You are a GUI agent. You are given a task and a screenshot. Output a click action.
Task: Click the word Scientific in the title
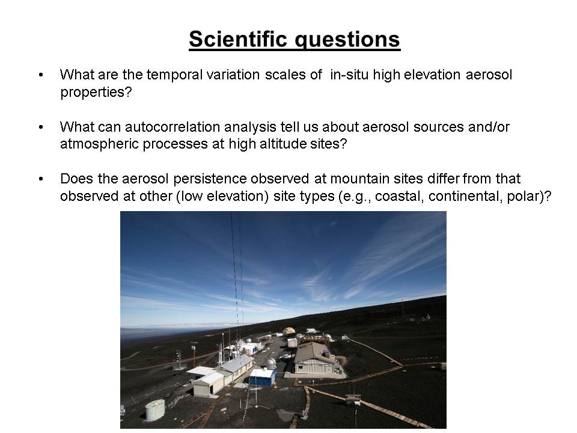point(238,38)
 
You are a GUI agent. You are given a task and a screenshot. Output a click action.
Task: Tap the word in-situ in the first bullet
point(349,75)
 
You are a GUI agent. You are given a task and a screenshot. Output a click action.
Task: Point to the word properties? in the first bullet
point(96,92)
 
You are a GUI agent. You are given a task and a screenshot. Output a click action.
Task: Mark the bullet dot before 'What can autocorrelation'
point(41,127)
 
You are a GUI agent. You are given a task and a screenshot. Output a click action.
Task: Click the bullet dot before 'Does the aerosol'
point(41,179)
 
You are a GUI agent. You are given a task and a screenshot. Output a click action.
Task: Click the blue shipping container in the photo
point(263,377)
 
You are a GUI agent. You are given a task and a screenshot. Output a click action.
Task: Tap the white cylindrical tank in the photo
point(155,410)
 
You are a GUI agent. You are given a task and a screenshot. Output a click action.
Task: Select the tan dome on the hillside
point(289,331)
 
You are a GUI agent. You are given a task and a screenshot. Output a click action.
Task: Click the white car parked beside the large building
point(285,357)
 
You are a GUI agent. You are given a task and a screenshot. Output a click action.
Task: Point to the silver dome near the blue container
point(271,363)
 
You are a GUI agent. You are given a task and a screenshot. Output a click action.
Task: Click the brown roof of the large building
point(312,352)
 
